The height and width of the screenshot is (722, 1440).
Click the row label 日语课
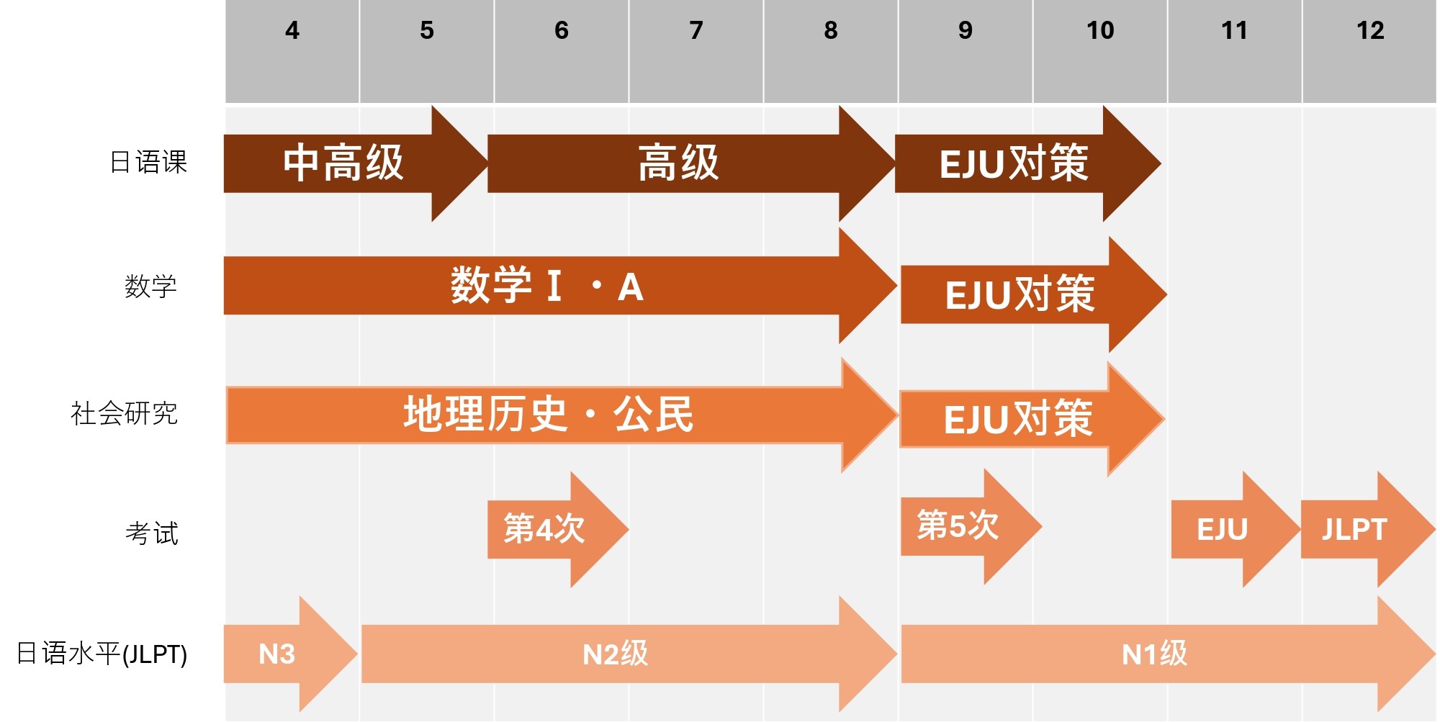[148, 163]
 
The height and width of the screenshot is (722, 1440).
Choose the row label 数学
[150, 286]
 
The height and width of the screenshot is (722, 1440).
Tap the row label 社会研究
[124, 414]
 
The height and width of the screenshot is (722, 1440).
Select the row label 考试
[151, 533]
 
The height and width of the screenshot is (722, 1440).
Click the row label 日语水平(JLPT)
[102, 654]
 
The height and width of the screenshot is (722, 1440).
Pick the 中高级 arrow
[343, 163]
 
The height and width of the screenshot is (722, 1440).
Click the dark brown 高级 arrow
[678, 163]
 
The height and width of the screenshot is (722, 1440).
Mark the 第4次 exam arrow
[545, 529]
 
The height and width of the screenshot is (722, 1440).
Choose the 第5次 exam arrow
[958, 526]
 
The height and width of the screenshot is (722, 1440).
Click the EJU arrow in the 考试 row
[1223, 530]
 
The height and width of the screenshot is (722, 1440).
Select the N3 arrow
[277, 654]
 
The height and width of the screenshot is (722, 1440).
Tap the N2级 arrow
[615, 654]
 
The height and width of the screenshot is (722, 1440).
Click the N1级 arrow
[1153, 654]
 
